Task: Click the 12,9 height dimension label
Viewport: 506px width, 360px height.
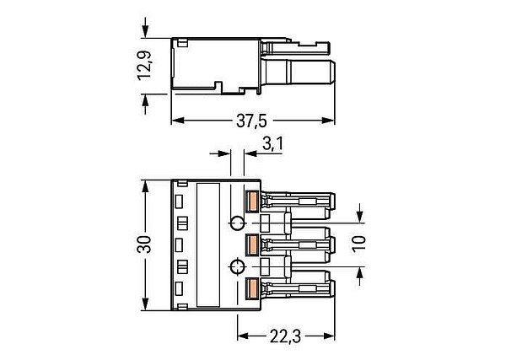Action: (144, 66)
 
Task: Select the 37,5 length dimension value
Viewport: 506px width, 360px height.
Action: (252, 121)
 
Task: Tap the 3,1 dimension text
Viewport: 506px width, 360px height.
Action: (272, 144)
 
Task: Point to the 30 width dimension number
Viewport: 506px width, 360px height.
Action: (144, 244)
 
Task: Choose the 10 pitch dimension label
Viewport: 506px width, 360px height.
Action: (359, 244)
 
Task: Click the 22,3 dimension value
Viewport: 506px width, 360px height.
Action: (285, 337)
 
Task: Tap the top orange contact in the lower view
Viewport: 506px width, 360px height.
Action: (251, 201)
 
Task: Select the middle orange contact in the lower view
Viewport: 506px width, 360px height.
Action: (251, 244)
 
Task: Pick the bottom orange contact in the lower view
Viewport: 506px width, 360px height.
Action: (251, 288)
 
